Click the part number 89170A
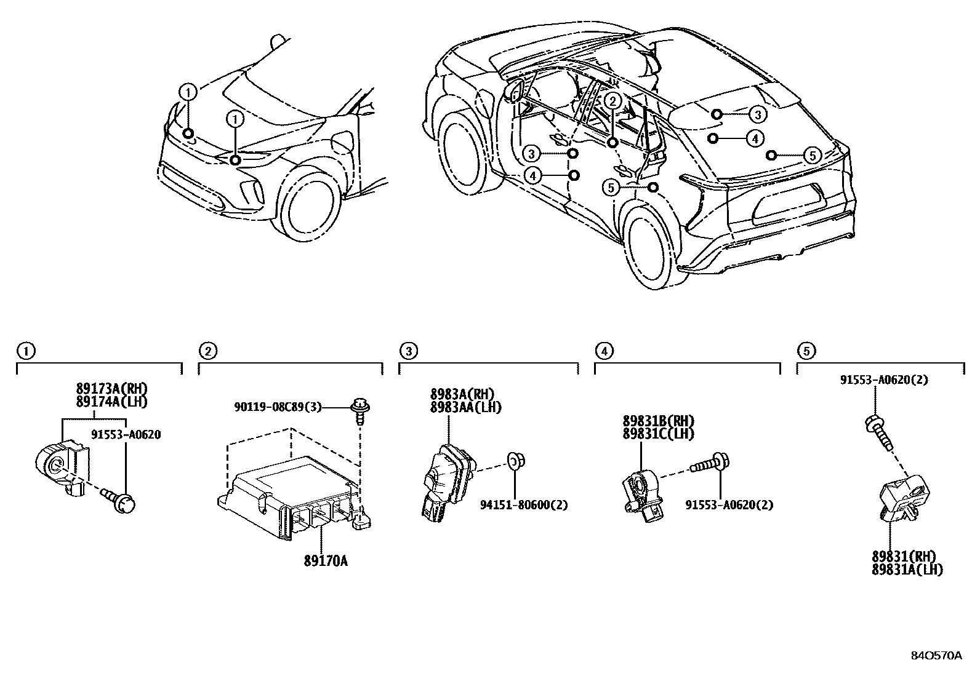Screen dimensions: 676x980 pos(325,560)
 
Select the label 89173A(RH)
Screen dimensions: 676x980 pos(112,389)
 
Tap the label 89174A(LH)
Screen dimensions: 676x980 pos(112,402)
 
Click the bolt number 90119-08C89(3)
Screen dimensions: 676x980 pos(278,407)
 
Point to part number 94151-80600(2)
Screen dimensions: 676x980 pos(523,504)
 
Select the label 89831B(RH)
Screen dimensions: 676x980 pos(658,421)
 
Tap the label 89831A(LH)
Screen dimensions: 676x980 pos(907,570)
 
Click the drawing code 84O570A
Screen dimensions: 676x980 pos(936,655)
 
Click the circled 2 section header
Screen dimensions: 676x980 pos(207,351)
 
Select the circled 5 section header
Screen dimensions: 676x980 pos(806,351)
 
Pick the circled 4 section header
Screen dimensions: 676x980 pos(604,351)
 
